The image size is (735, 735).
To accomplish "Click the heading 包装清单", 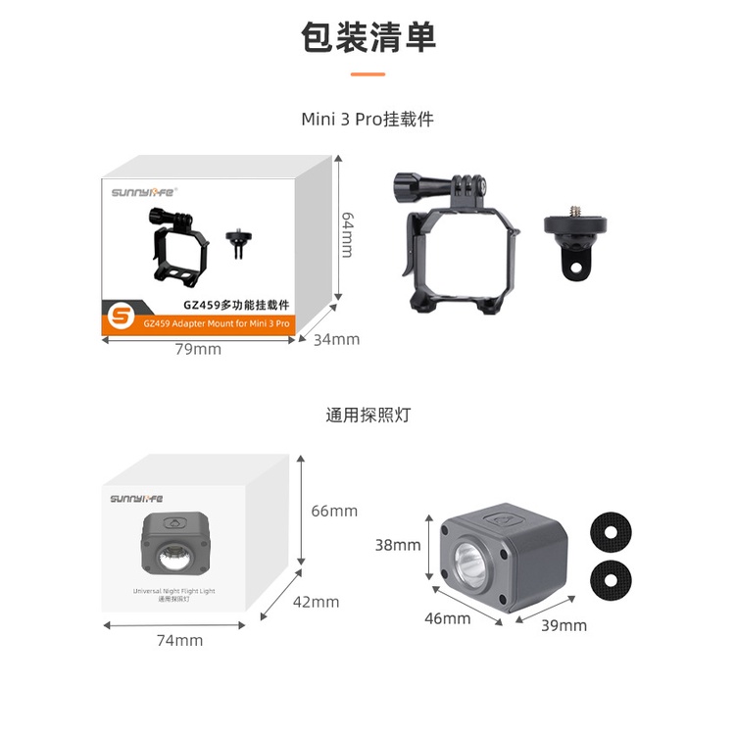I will (367, 37).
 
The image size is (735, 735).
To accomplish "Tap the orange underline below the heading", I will (367, 73).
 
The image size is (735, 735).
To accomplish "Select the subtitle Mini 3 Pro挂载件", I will (367, 120).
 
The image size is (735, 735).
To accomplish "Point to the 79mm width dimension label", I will (198, 350).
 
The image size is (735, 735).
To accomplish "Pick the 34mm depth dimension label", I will (337, 340).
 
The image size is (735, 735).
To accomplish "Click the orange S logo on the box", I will (122, 318).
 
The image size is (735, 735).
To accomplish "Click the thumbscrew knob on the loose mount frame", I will (404, 184).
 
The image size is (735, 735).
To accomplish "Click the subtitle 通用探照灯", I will (367, 415).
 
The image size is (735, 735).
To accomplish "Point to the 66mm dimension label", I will (334, 511).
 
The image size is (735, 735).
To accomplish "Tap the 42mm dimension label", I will (317, 602).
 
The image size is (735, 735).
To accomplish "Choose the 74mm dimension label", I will (180, 640).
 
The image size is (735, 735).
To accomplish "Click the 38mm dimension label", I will (398, 545).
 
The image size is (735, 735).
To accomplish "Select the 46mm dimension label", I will (448, 618).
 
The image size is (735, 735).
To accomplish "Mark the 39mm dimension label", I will (563, 625).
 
